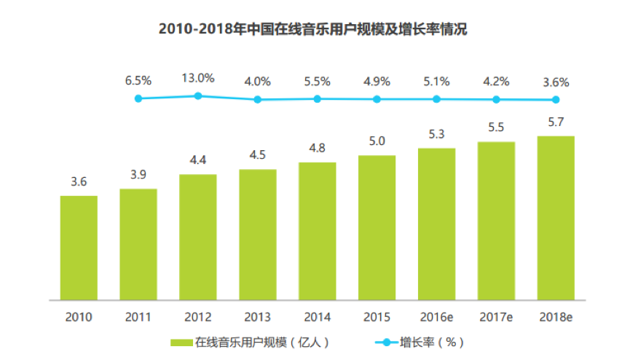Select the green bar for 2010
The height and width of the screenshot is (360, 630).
click(x=79, y=248)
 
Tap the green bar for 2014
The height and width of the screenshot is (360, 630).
click(x=317, y=231)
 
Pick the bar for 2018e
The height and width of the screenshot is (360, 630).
click(x=556, y=218)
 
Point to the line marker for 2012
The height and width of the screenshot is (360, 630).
click(x=197, y=95)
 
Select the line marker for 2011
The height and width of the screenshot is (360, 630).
click(x=138, y=98)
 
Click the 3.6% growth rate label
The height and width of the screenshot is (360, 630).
click(x=556, y=82)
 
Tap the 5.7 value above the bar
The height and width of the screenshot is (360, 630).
click(x=556, y=122)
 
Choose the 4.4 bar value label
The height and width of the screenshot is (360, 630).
click(x=197, y=160)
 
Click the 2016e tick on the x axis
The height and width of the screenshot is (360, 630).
click(x=436, y=317)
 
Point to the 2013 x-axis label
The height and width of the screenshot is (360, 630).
click(x=257, y=317)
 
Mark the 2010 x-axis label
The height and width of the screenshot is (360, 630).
click(x=79, y=317)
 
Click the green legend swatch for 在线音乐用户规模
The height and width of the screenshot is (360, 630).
click(x=181, y=342)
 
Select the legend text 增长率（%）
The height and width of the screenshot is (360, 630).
click(x=432, y=342)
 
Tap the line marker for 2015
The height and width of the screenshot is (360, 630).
click(x=377, y=99)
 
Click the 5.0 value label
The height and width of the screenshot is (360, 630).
click(x=377, y=141)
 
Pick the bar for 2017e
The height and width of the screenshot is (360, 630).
click(x=496, y=221)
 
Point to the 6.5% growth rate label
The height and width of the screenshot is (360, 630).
click(x=138, y=82)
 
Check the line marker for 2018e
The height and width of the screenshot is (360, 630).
click(x=556, y=100)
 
